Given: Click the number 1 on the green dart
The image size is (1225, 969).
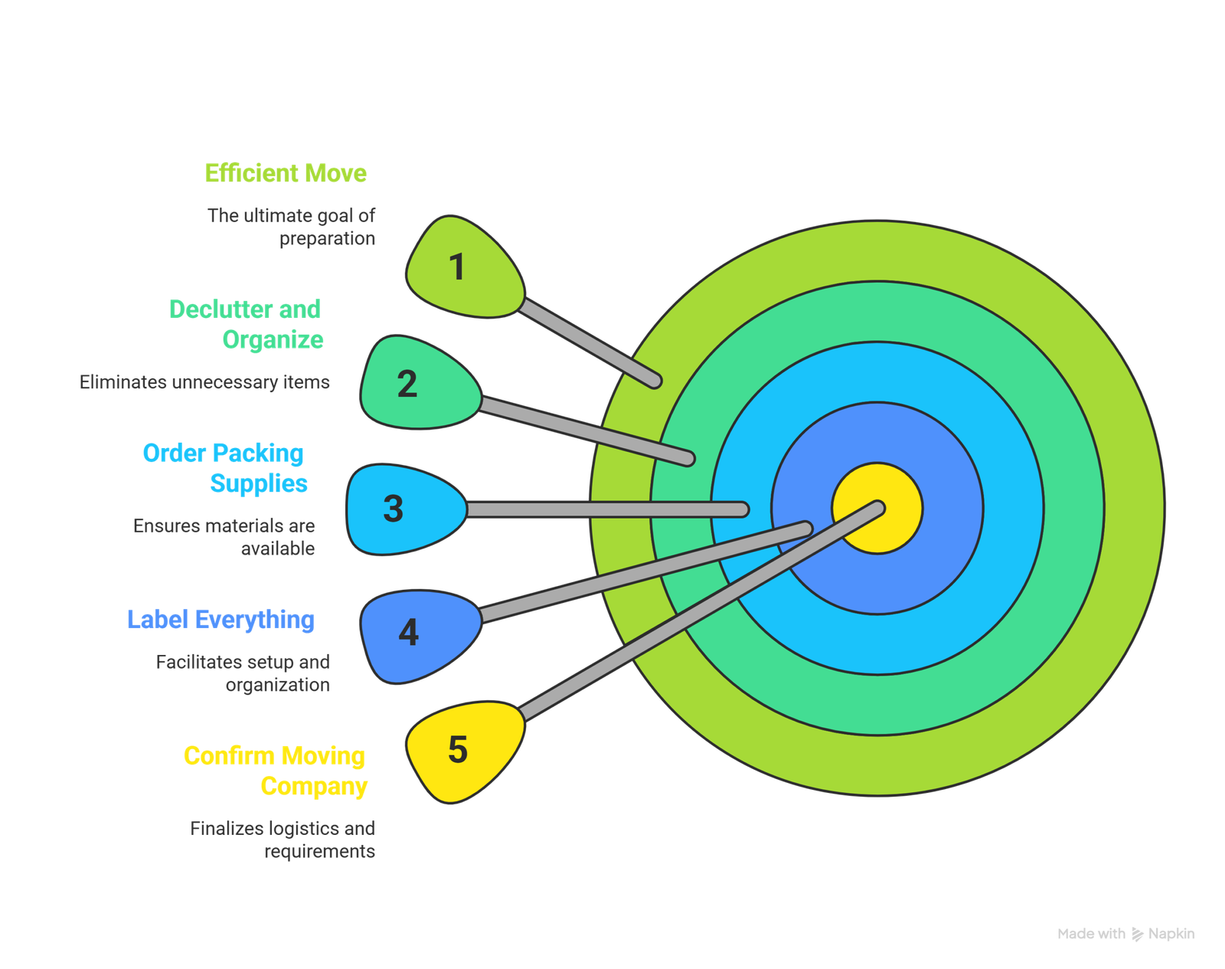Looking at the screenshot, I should point(457,267).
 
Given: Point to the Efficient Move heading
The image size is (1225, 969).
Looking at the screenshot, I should point(286,173).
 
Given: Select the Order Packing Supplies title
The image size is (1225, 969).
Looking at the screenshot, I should point(224,468).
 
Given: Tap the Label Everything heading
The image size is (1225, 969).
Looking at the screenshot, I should point(220,619).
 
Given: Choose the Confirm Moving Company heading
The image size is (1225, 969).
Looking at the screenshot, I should point(276,771).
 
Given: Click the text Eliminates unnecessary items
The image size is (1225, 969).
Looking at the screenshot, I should point(204,382).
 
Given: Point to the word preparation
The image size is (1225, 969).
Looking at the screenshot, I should point(327,239).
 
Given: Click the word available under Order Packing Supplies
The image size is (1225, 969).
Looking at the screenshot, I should point(277,549).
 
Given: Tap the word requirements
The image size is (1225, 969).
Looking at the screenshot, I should point(319,852).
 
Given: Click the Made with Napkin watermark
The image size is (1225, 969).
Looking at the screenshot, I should point(1125,934).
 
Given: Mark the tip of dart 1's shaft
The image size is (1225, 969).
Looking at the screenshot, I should point(655,381).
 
